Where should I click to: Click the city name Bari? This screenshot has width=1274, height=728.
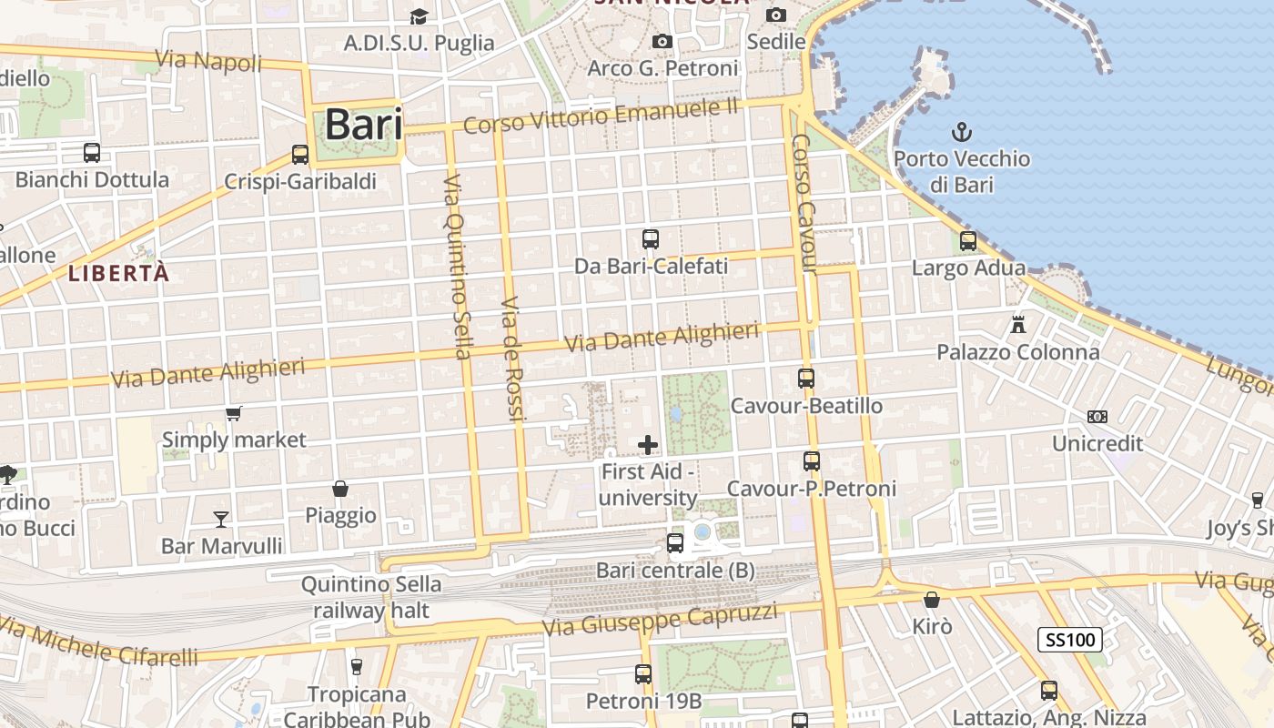(x=363, y=125)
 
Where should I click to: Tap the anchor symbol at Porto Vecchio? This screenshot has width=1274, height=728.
(x=962, y=133)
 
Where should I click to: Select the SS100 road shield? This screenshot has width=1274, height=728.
(x=1070, y=640)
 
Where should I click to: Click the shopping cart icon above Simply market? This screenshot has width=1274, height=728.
(x=234, y=414)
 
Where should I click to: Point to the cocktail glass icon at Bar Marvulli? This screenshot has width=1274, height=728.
(x=220, y=520)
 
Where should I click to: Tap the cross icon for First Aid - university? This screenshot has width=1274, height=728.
(x=648, y=445)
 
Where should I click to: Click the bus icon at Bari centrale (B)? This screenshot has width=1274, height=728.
(x=675, y=543)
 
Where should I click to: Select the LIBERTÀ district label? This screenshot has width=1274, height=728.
(x=119, y=273)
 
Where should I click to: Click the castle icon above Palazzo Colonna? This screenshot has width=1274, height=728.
(x=1018, y=324)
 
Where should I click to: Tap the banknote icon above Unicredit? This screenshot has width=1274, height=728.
(x=1097, y=417)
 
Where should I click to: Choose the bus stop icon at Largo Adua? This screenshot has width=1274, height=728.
(x=968, y=241)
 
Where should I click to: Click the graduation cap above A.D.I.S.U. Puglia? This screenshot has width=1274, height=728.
(x=419, y=16)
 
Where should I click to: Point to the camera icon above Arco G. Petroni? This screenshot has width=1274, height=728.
(x=662, y=42)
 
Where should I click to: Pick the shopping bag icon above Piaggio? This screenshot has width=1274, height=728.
(x=340, y=489)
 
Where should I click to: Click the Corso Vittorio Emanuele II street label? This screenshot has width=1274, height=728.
(x=601, y=116)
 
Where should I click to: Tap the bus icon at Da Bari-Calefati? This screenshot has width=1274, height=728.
(x=651, y=239)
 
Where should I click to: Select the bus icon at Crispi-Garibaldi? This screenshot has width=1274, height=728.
(x=300, y=155)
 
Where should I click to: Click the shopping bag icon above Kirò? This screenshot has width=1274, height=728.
(x=932, y=600)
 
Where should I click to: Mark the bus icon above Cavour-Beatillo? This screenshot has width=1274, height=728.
(x=806, y=378)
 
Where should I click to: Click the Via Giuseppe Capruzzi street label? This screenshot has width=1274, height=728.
(x=660, y=621)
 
